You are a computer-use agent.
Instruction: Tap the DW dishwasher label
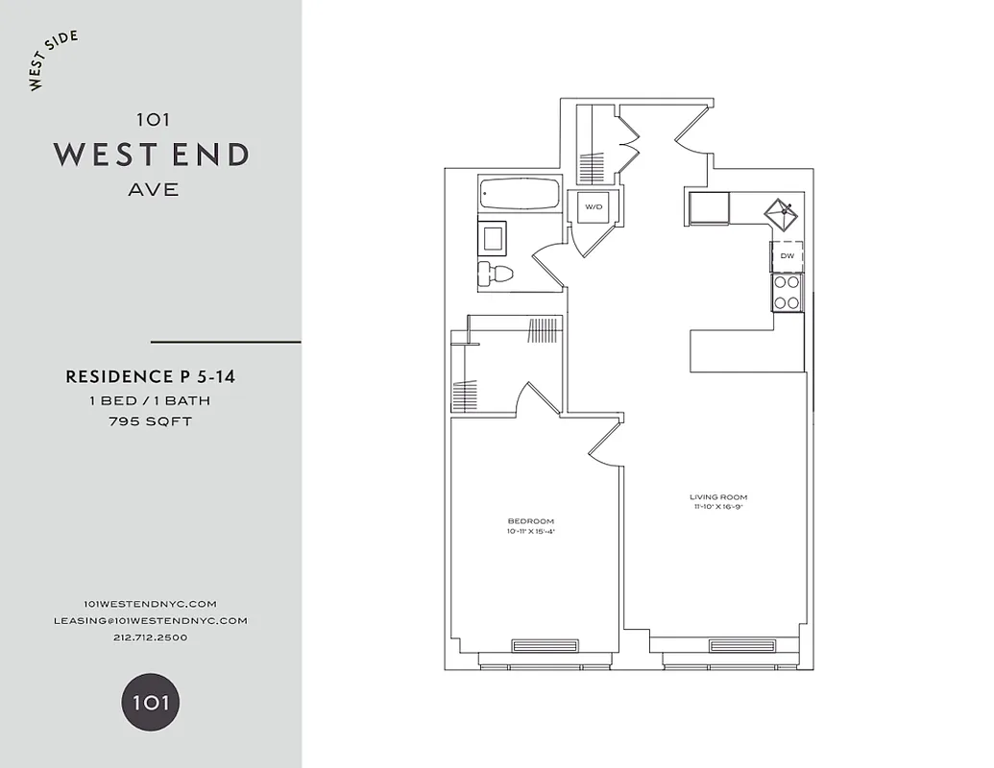coord(788,256)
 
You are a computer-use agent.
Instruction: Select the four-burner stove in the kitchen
coord(788,292)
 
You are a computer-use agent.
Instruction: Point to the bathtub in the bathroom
coord(519,196)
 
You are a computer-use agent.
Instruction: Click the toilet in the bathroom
coord(496,274)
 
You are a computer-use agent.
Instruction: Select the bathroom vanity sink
coord(495,236)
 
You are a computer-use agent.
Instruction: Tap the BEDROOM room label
coord(532,521)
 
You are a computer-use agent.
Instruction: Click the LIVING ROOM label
coord(717,497)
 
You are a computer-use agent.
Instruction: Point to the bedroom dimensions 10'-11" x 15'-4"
coord(532,532)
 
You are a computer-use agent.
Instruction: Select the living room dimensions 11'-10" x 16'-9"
coord(717,508)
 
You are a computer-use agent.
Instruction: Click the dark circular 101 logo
coord(151,702)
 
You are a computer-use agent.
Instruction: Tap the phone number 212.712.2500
coord(151,637)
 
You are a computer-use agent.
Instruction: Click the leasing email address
coord(151,620)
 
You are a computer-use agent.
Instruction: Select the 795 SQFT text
coord(151,420)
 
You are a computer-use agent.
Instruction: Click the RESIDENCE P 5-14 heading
coord(151,377)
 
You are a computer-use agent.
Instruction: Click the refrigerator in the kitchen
coord(708,207)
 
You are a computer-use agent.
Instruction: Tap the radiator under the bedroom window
coord(545,645)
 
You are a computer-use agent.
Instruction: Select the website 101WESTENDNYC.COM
coord(151,603)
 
